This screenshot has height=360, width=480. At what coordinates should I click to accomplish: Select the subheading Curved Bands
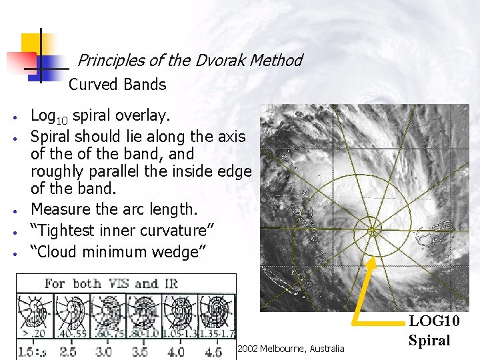pyautogui.click(x=117, y=85)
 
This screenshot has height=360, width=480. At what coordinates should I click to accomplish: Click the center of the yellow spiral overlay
pyautogui.click(x=373, y=231)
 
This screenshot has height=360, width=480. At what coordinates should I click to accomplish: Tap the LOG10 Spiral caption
pyautogui.click(x=429, y=331)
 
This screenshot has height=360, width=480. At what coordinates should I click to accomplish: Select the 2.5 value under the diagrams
pyautogui.click(x=67, y=351)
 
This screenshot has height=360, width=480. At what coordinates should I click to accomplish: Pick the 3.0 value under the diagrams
pyautogui.click(x=105, y=351)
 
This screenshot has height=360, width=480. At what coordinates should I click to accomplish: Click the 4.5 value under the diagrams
pyautogui.click(x=214, y=351)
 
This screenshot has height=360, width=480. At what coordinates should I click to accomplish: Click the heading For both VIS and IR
pyautogui.click(x=111, y=283)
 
